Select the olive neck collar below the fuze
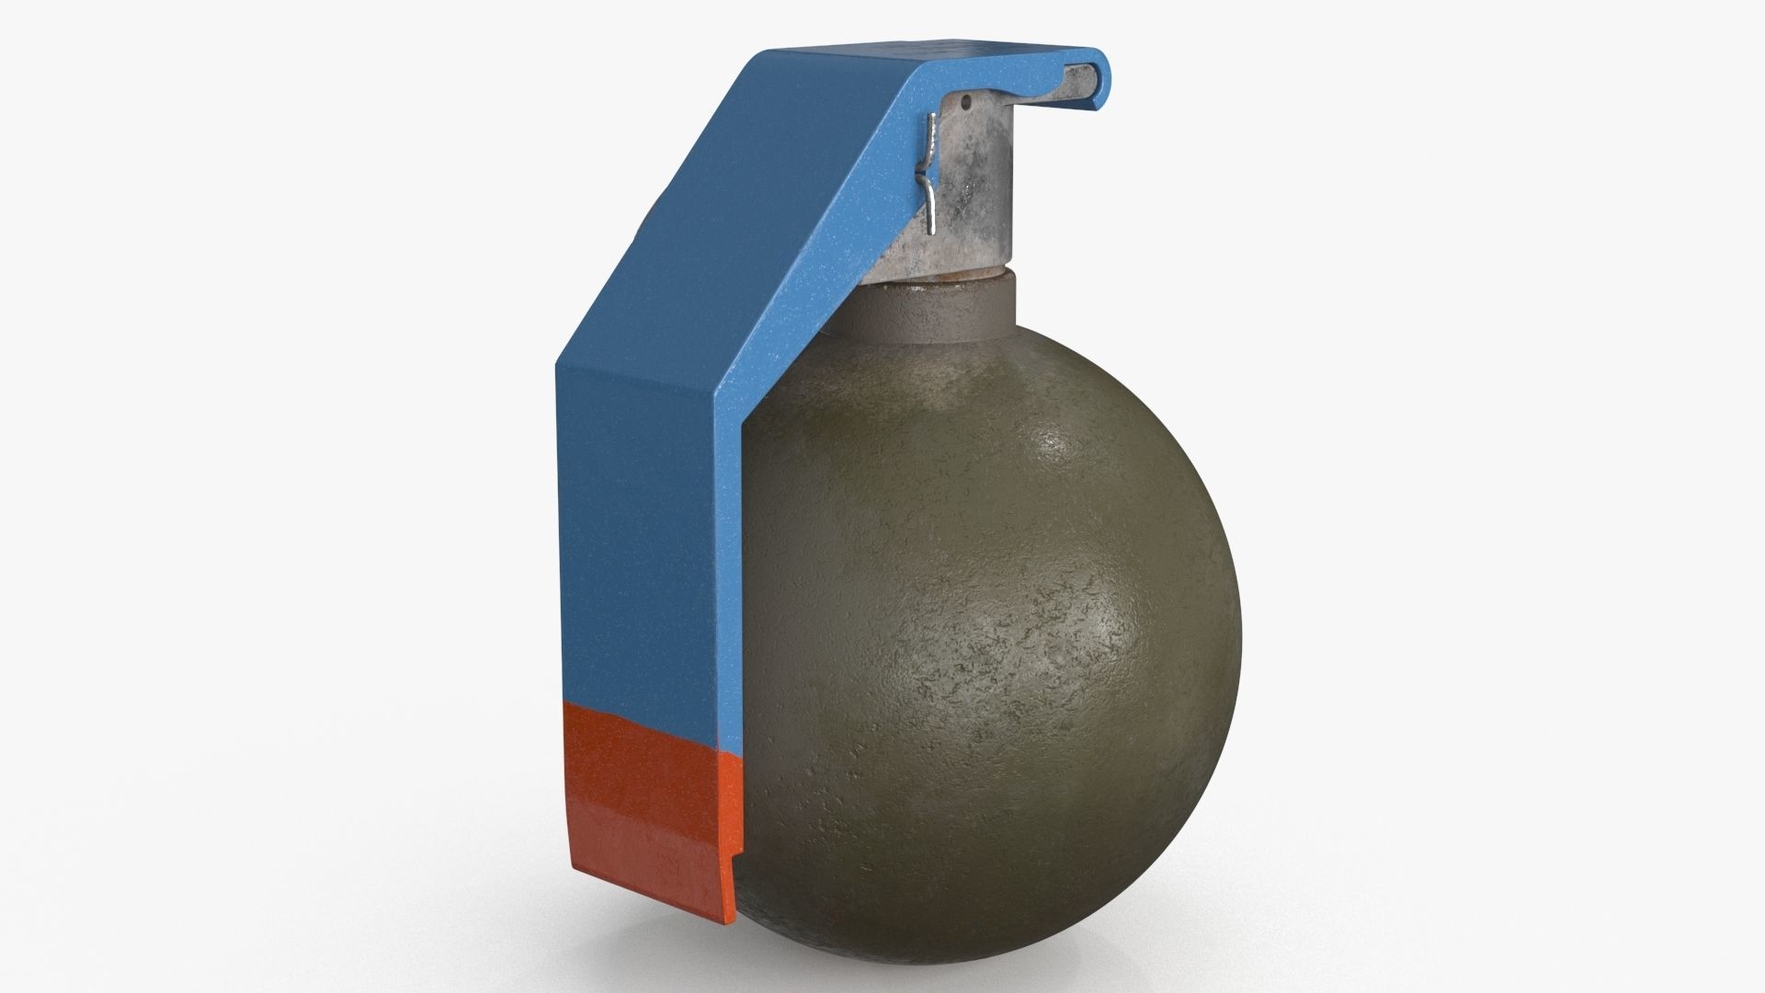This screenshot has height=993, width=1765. [938, 313]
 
